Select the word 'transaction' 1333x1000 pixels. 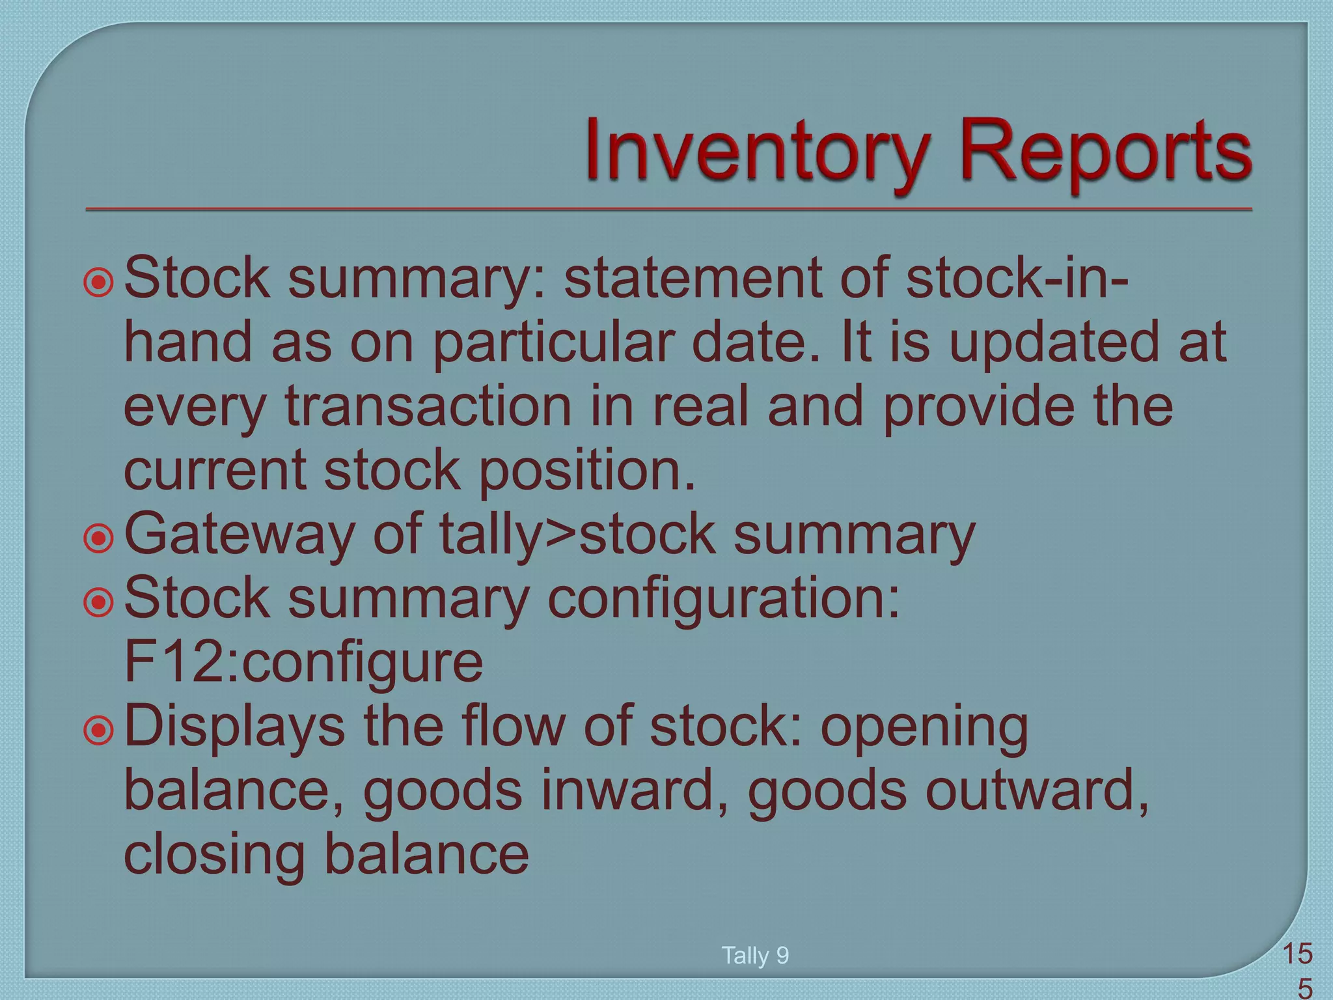[429, 407]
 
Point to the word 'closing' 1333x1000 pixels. [214, 855]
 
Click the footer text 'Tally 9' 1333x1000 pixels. [755, 956]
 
